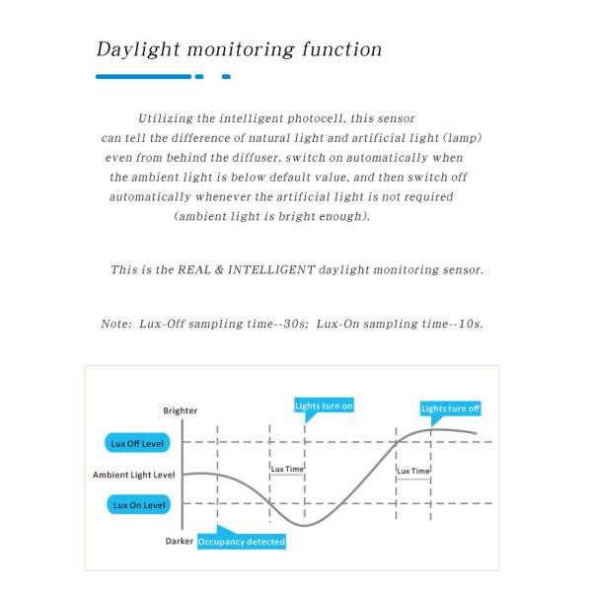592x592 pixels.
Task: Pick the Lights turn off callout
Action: pyautogui.click(x=451, y=408)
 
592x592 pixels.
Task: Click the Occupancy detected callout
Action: pyautogui.click(x=242, y=542)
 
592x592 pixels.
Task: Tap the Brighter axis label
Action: pyautogui.click(x=180, y=411)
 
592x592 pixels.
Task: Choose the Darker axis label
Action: pyautogui.click(x=179, y=542)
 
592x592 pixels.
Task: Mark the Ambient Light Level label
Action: pyautogui.click(x=134, y=475)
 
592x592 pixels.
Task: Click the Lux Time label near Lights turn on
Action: pyautogui.click(x=287, y=469)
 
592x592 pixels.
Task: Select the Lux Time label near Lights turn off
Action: pyautogui.click(x=413, y=471)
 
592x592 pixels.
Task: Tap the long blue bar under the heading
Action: pyautogui.click(x=143, y=76)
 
